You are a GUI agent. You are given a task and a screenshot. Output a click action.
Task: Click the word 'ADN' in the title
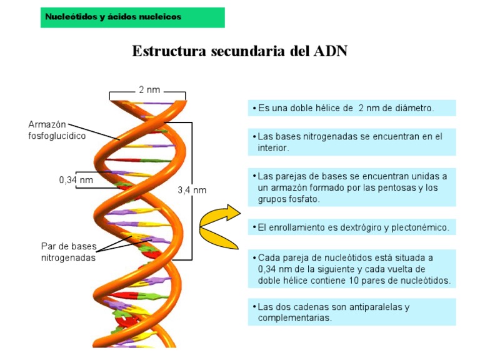coord(329,51)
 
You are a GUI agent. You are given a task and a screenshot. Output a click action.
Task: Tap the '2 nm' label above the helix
coord(149,90)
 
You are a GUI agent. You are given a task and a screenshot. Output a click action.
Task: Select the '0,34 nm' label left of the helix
coord(76,180)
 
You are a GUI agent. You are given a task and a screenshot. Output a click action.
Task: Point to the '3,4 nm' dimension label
coord(192,190)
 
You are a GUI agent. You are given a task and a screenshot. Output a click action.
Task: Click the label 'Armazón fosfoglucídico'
coord(57,129)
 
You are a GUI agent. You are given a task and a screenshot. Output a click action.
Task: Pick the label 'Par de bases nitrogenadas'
coord(69,251)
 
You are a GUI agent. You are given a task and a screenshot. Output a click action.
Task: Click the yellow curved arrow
coord(219,224)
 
